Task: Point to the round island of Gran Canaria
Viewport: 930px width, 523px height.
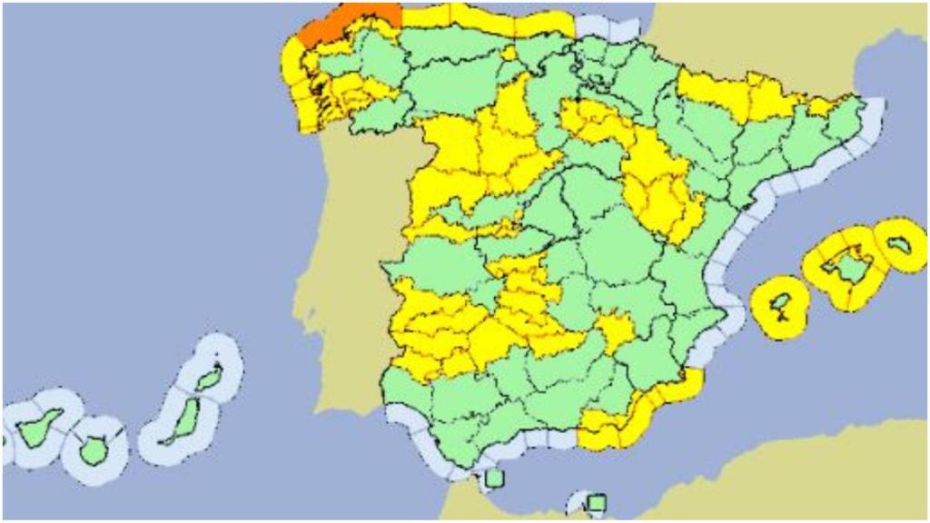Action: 93,449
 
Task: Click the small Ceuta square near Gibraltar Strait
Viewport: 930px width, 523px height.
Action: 495,478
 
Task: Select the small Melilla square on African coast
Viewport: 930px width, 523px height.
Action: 597,502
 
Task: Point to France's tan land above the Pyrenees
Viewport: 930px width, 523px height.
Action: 727,36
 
